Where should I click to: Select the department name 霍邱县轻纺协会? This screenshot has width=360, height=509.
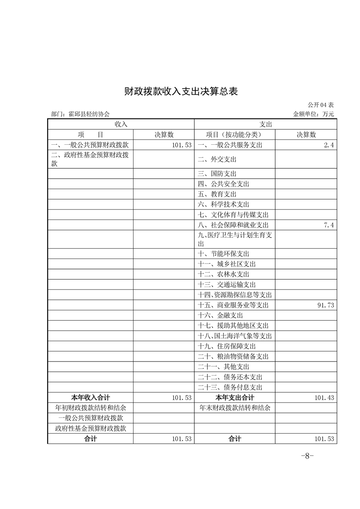[x=84, y=114]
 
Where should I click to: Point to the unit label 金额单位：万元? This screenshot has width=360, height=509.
[x=313, y=114]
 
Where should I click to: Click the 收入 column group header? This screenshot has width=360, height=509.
[x=121, y=124]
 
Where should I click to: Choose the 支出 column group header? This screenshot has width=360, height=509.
[x=266, y=124]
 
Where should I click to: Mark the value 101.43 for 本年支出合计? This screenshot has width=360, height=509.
[x=324, y=398]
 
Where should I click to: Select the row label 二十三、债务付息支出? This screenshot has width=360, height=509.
[x=230, y=387]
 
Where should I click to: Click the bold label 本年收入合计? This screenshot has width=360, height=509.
[x=91, y=398]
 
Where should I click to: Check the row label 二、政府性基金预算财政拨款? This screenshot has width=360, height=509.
[x=90, y=159]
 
